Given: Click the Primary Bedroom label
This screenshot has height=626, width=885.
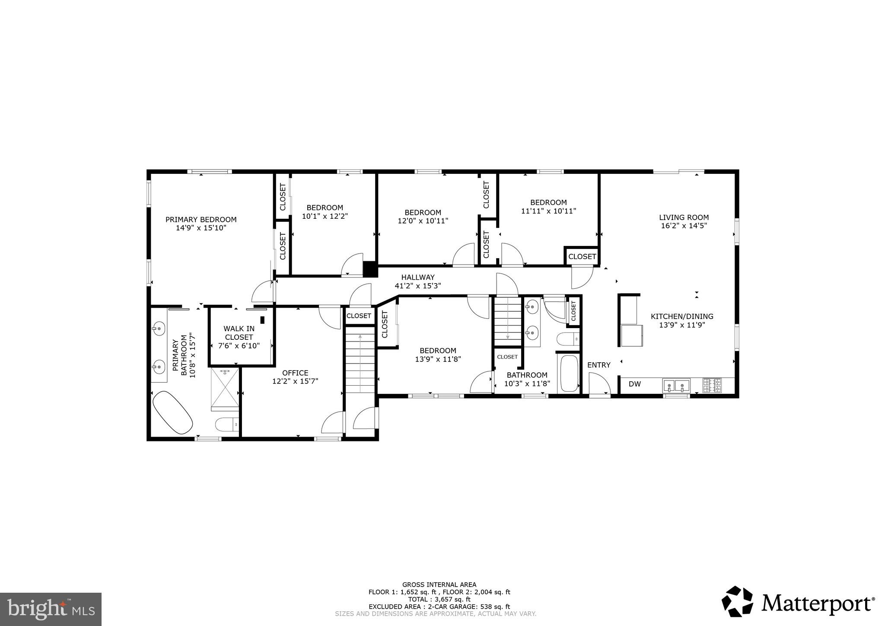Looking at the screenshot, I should click(x=201, y=219).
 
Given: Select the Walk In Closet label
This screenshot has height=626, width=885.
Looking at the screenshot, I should click(x=239, y=333).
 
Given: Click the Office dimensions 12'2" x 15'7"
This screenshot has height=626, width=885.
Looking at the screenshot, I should click(x=295, y=381).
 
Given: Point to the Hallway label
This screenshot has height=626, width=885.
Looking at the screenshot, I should click(x=417, y=278).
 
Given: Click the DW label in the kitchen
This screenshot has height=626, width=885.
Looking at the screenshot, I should click(x=634, y=384).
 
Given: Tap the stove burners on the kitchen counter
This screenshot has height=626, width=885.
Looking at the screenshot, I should click(x=712, y=385).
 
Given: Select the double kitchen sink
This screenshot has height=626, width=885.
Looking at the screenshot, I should click(x=676, y=384).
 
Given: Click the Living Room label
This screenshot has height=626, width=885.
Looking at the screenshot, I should click(x=684, y=217).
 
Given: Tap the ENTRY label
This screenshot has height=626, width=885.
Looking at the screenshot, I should click(x=598, y=365).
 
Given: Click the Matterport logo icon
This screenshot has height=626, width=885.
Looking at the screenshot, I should click(x=737, y=601).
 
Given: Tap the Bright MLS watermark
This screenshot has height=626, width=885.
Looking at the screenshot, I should click(x=51, y=609).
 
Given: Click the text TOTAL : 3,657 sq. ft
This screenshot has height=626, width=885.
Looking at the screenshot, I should click(x=439, y=600).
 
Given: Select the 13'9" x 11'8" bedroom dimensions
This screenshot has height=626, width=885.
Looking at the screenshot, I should click(x=438, y=359).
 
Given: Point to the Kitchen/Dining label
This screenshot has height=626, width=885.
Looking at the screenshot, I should click(x=682, y=316).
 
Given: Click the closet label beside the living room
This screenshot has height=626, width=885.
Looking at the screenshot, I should click(x=582, y=257).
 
